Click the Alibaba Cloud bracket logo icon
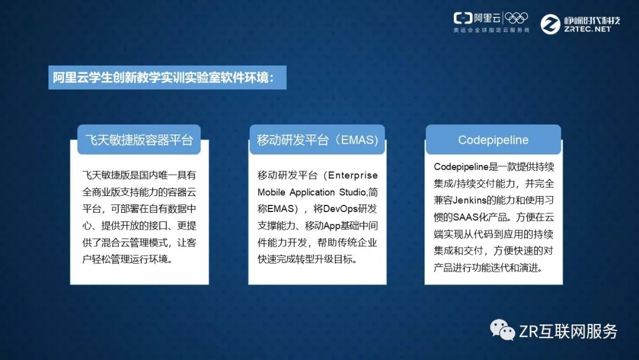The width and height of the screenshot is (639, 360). point(463,18)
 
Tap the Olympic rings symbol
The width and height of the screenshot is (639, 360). point(516,18)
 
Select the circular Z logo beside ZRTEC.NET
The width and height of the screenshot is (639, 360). point(550,24)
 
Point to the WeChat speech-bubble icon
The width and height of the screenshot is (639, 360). point(502,330)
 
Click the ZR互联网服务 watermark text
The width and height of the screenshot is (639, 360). point(568,332)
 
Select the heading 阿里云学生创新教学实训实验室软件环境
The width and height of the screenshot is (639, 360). point(163,78)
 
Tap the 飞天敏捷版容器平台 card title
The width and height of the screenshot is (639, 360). point(139,140)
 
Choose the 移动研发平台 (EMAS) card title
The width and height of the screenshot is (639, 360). point(318,140)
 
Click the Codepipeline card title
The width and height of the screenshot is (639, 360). point(493,140)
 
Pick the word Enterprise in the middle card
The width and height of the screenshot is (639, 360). point(353,176)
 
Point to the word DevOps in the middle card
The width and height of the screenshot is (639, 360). point(340,209)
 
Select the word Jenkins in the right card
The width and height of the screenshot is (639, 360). point(469,200)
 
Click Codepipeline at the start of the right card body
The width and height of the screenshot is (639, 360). point(461,167)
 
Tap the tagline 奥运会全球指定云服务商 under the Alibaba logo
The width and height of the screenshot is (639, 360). point(492,30)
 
